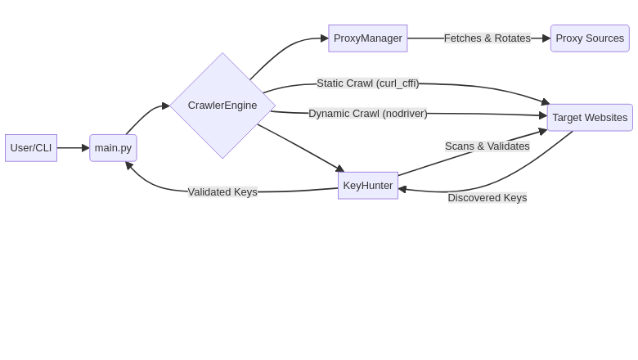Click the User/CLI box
pos(31,148)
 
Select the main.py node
pos(113,148)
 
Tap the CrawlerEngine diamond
pos(222,106)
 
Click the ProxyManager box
pos(368,38)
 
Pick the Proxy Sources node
pos(590,38)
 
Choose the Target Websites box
pos(590,118)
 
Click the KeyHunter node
pos(368,186)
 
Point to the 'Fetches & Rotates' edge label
pos(487,38)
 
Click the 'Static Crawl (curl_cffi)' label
pos(368,83)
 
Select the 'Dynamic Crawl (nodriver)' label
pos(368,114)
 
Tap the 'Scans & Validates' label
pos(487,146)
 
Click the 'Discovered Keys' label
pos(487,198)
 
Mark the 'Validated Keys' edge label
pos(222,192)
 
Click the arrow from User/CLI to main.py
pos(72,148)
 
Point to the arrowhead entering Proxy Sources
pos(546,38)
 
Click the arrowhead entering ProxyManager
pos(324,38)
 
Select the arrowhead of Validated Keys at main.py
pos(128,165)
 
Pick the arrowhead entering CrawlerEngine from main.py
pos(165,106)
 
